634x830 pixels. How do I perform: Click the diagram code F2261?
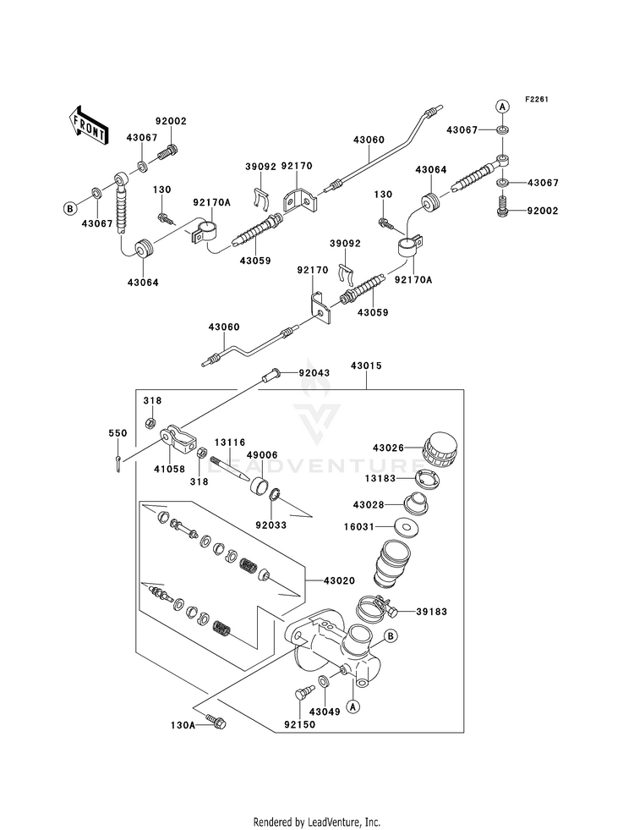(537, 99)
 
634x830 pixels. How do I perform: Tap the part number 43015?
(367, 366)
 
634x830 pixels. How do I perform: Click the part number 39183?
(431, 612)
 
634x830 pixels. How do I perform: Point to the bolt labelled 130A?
(216, 721)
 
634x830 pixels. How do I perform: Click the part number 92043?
(314, 372)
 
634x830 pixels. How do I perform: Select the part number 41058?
(170, 468)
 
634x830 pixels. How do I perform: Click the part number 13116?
(230, 442)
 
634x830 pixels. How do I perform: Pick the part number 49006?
(262, 455)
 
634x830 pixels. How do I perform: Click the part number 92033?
(271, 525)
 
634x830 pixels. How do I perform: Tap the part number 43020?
(339, 580)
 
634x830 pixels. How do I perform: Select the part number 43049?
(325, 712)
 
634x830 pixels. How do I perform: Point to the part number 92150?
(299, 724)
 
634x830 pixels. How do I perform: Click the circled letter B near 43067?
(69, 209)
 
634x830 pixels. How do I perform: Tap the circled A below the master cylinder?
(353, 706)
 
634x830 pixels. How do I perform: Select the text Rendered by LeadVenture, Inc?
(317, 822)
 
